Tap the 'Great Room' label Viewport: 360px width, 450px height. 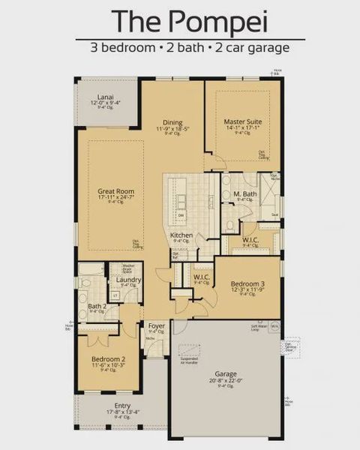pos(116,192)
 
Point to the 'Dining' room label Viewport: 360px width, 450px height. pos(173,122)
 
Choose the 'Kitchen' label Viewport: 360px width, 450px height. pos(181,235)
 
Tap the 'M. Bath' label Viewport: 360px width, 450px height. pos(244,195)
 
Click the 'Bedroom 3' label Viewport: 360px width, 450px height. pos(247,284)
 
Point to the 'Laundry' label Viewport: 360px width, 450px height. pos(129,280)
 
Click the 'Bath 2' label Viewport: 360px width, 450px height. pos(97,306)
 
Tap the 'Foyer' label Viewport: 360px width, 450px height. pos(157,325)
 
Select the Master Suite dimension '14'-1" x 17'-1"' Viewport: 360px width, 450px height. pos(242,127)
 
